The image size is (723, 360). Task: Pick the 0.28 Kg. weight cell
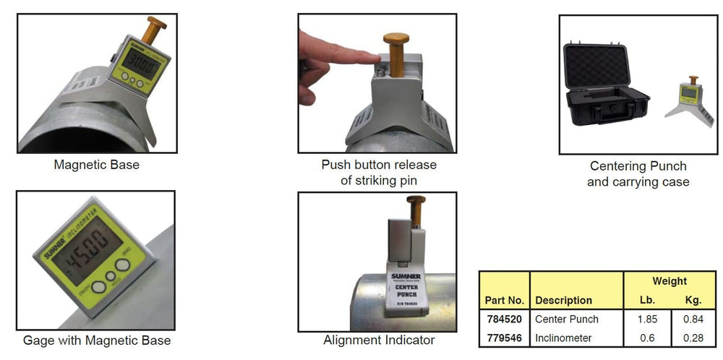point(693,338)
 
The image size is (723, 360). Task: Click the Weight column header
point(669,281)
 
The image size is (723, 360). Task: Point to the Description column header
point(563,300)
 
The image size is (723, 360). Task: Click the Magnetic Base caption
point(96,165)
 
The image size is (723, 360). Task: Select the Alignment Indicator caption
point(379,340)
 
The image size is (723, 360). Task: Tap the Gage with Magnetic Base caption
point(97,340)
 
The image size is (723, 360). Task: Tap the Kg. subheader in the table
point(693,300)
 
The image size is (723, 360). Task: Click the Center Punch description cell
point(567,319)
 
